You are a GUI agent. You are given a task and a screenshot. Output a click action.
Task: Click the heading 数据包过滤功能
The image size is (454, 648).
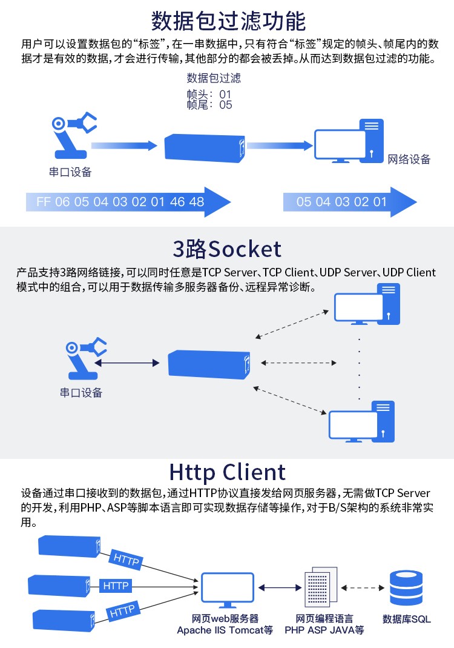228,21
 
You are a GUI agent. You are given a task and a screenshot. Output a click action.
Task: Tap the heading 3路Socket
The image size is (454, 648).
227,249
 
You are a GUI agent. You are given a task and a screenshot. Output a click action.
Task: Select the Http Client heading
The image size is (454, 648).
227,472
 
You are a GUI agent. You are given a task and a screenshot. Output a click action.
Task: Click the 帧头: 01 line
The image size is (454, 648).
209,95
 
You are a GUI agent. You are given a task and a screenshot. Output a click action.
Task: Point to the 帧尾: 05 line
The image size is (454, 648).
209,105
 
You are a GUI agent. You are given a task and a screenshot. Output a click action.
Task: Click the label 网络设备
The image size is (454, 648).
409,159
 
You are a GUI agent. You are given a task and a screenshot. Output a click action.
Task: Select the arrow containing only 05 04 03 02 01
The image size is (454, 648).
349,202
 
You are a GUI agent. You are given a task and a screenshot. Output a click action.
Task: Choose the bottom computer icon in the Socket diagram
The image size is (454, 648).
361,422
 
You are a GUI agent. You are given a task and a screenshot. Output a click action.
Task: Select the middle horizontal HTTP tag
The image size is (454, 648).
116,586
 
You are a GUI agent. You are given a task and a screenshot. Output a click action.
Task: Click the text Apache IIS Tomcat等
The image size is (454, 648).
225,630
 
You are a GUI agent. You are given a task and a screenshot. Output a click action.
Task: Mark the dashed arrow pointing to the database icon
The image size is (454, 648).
363,587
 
